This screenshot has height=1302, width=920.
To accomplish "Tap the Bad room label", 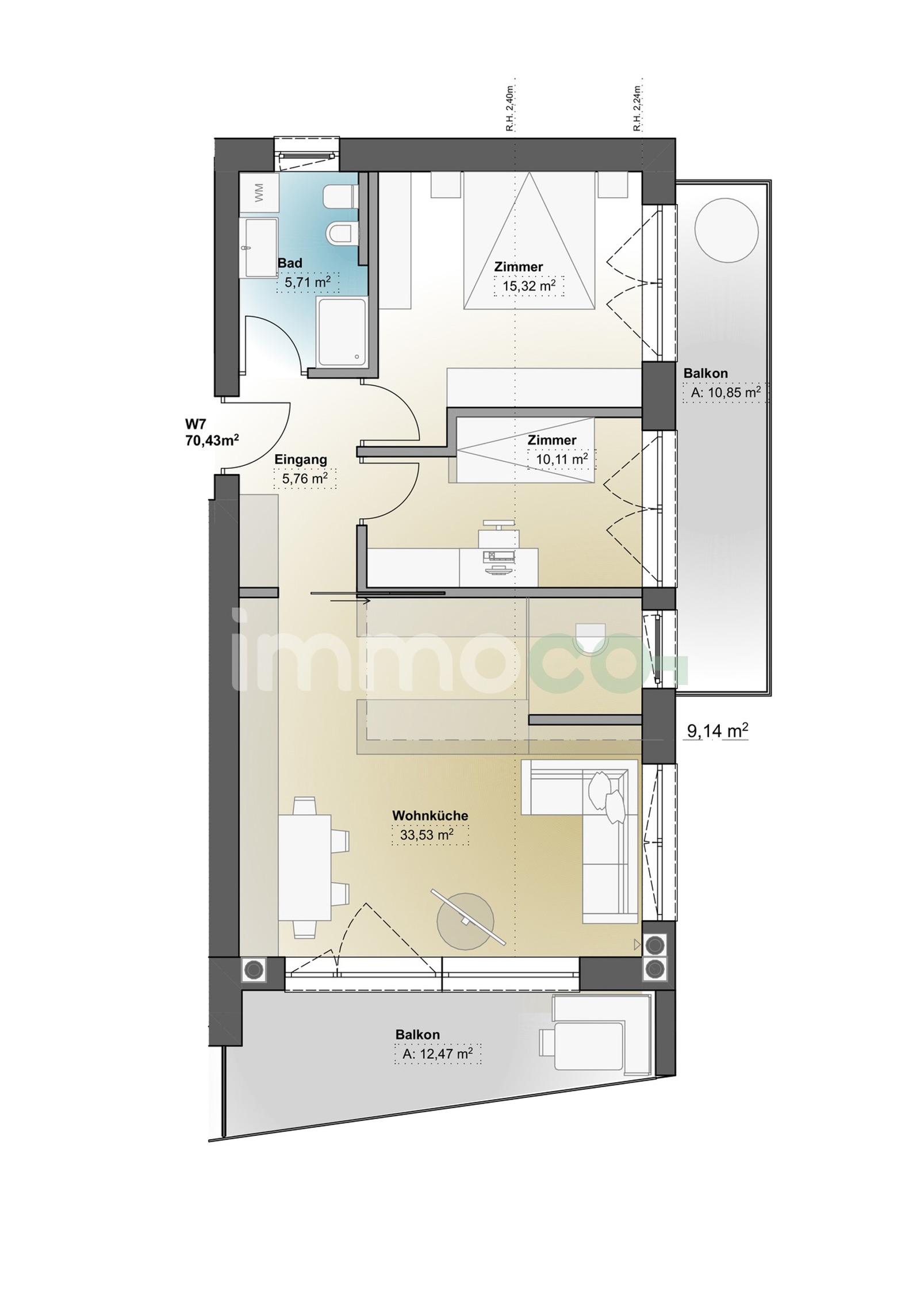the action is pyautogui.click(x=290, y=263).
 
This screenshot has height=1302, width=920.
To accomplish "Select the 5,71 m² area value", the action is pyautogui.click(x=308, y=282).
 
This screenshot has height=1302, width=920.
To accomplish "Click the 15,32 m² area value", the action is pyautogui.click(x=528, y=285).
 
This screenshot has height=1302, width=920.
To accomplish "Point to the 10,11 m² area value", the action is pyautogui.click(x=561, y=459).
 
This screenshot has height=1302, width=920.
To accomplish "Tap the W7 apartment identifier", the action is pyautogui.click(x=195, y=424).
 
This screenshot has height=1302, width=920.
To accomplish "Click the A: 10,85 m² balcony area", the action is pyautogui.click(x=724, y=393).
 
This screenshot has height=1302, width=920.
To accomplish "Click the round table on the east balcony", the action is pyautogui.click(x=726, y=230).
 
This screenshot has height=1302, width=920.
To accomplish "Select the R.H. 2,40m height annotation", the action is pyautogui.click(x=509, y=109).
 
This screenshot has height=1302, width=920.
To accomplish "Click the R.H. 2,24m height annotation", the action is pyautogui.click(x=637, y=109).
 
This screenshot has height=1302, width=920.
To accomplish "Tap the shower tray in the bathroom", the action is pyautogui.click(x=341, y=332).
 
